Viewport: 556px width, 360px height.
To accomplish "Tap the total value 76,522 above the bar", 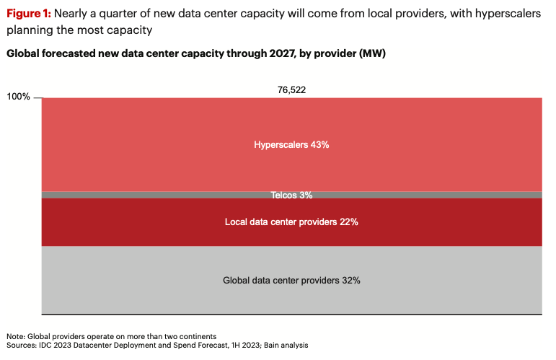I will pyautogui.click(x=292, y=90).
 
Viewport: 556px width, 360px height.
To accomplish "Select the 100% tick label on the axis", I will pyautogui.click(x=19, y=97).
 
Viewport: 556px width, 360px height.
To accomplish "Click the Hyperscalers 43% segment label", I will pyautogui.click(x=291, y=144).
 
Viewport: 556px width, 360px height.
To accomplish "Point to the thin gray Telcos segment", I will pyautogui.click(x=291, y=195).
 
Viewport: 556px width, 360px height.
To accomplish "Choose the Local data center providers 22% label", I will pyautogui.click(x=291, y=221).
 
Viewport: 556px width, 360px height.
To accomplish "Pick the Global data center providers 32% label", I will pyautogui.click(x=291, y=280).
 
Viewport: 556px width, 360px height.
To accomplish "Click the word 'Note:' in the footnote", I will pyautogui.click(x=15, y=336).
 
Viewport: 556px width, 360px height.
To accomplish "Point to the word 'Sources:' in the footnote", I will pyautogui.click(x=22, y=346).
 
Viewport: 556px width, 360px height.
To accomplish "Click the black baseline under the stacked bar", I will pyautogui.click(x=291, y=314).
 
